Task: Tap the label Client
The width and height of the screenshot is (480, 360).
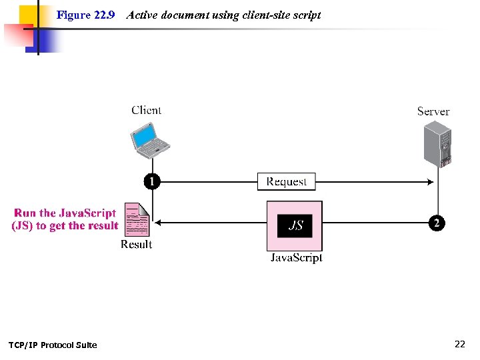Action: click(146, 111)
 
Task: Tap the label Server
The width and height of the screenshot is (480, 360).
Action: click(433, 111)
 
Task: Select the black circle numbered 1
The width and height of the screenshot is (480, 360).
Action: click(153, 181)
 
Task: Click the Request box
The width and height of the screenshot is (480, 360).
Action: click(287, 181)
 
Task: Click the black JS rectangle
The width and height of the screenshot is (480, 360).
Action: click(295, 225)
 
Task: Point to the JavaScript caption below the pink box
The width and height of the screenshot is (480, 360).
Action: click(296, 257)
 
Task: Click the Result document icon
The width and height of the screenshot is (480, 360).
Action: click(137, 219)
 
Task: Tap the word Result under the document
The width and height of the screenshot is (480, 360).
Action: click(137, 245)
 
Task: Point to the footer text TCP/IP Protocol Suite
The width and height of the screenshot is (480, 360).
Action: click(53, 345)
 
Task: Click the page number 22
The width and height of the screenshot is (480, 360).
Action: click(459, 344)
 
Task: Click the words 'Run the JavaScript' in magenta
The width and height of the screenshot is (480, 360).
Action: click(65, 213)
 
